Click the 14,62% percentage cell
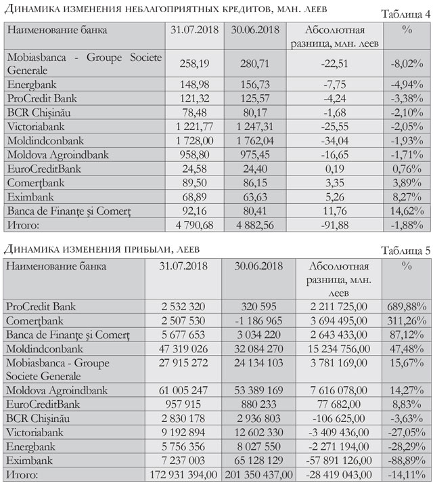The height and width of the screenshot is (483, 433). (x=407, y=213)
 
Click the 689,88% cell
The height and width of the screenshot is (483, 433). (x=407, y=307)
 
